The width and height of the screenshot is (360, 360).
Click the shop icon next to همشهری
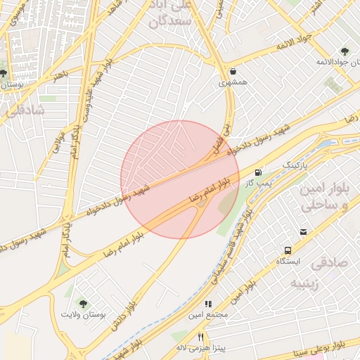point(233,71)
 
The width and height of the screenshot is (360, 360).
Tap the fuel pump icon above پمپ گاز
point(259,172)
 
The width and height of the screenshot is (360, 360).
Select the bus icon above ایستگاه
point(288,250)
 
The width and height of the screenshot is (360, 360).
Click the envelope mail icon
point(303,232)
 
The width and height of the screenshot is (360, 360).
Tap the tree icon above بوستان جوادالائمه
point(344,51)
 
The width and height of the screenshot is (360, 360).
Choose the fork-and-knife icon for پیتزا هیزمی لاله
point(200,337)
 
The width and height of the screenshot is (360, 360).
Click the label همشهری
point(232,83)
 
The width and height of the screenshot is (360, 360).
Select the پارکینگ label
point(295,165)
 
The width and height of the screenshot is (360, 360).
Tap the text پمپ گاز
point(258,184)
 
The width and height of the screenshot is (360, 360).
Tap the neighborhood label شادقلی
point(25,110)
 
